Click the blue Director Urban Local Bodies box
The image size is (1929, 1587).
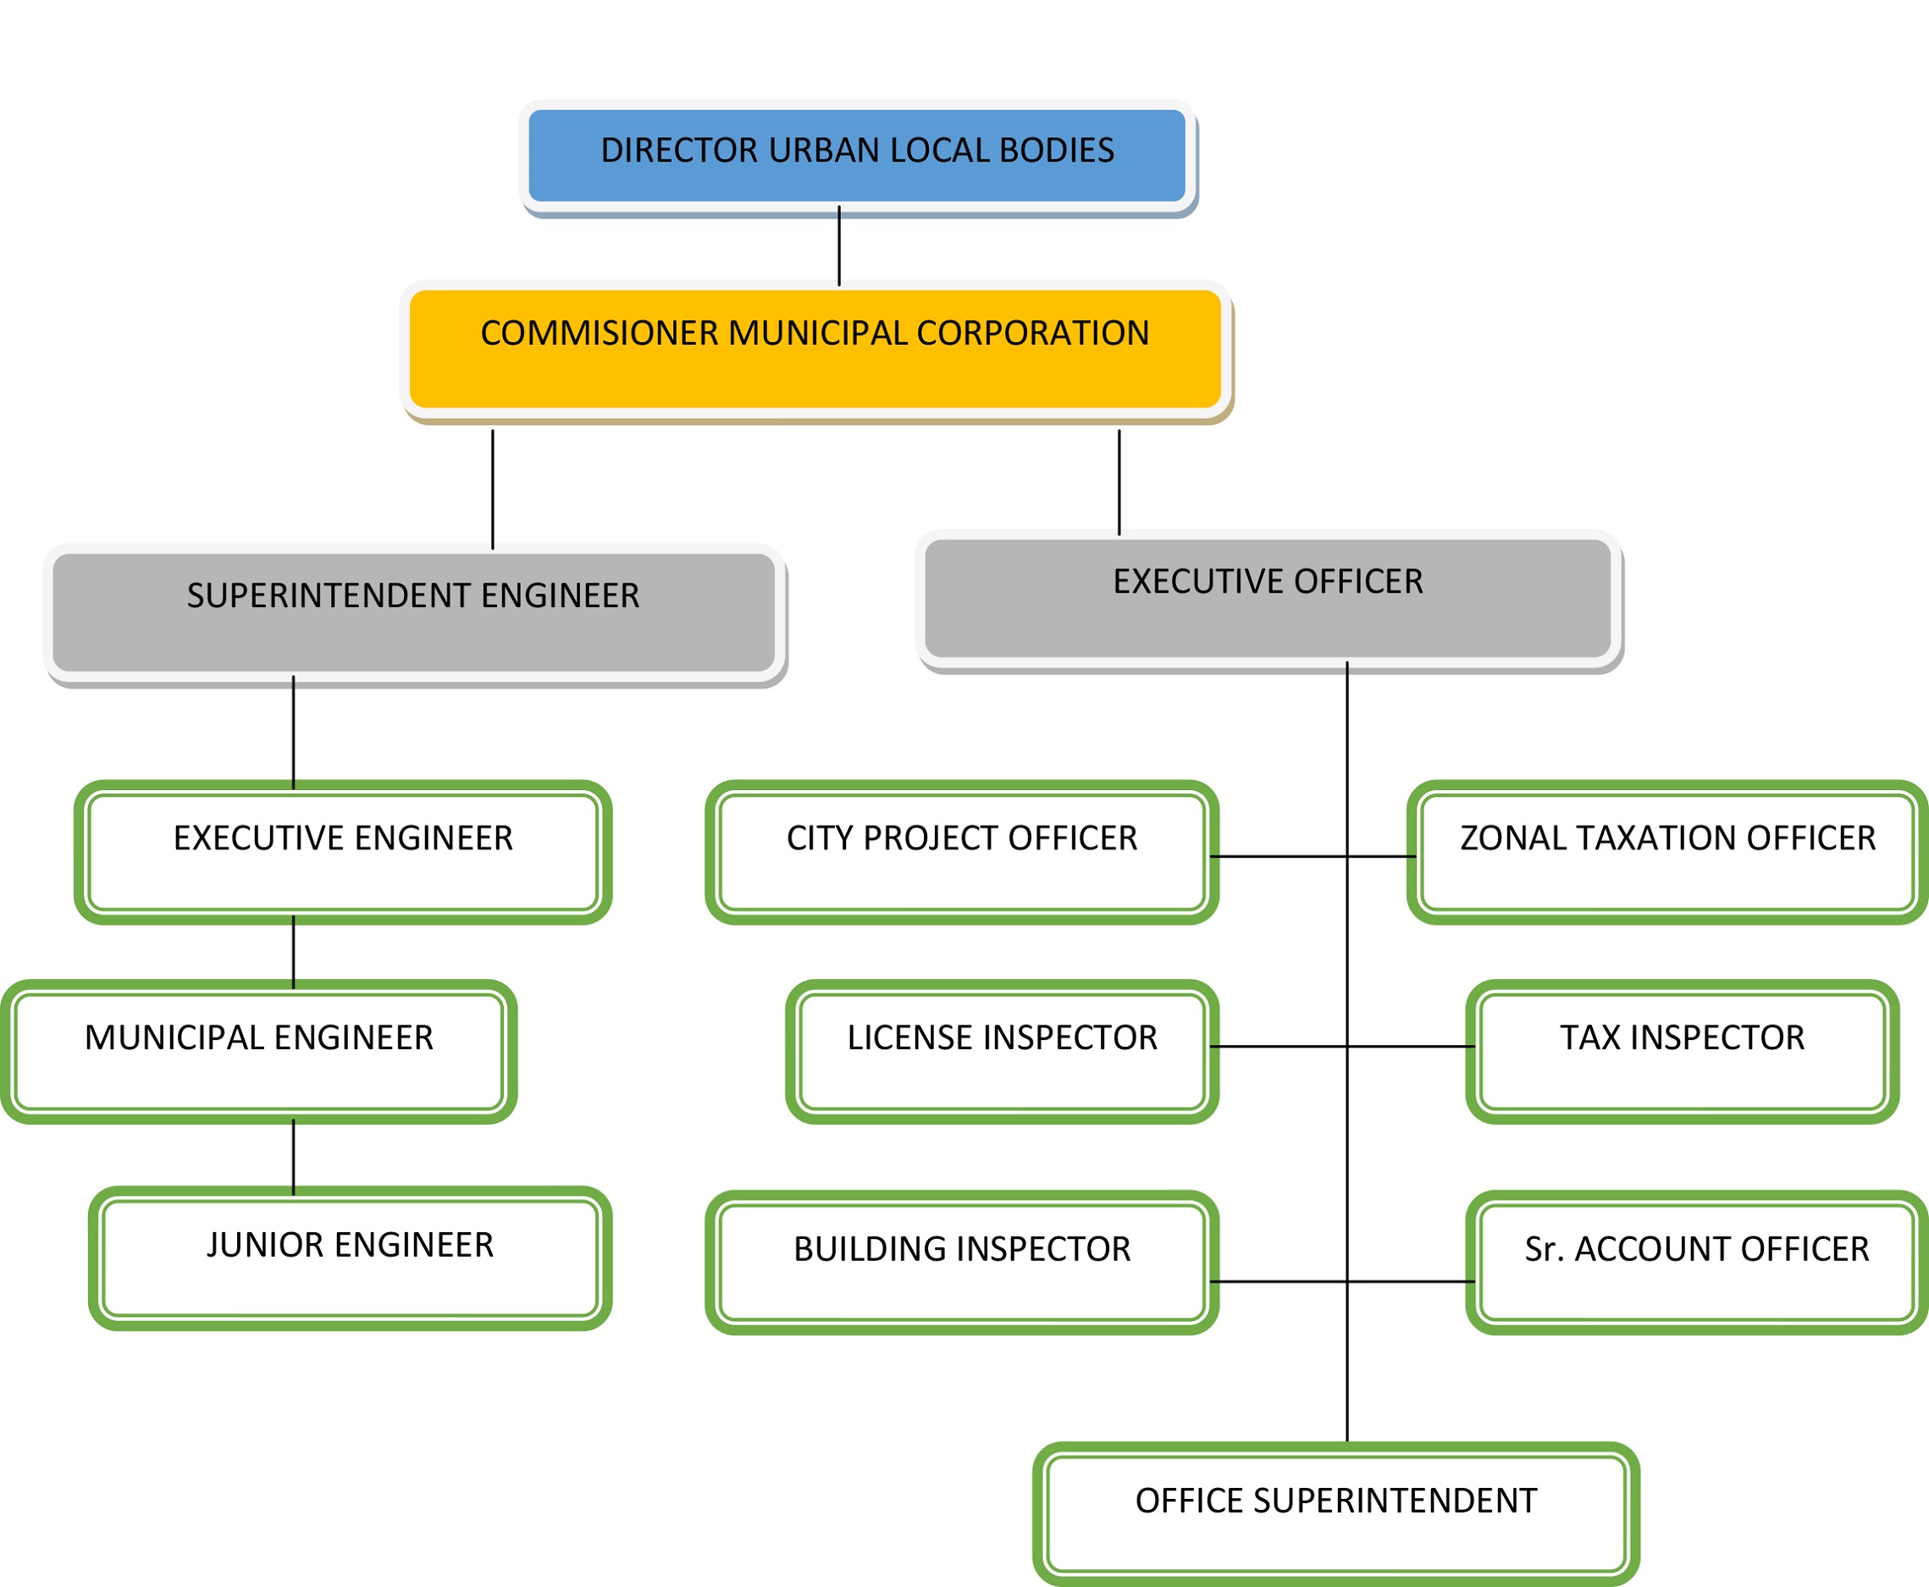(857, 156)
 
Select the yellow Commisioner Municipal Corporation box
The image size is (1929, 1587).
(815, 349)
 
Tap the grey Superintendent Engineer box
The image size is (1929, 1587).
(413, 612)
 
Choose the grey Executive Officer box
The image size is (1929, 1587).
(1267, 598)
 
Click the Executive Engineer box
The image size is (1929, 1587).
(343, 852)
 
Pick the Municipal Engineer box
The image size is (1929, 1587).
(259, 1051)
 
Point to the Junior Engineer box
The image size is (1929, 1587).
(349, 1258)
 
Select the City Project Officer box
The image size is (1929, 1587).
(962, 852)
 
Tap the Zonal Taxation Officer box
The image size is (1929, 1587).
(1667, 852)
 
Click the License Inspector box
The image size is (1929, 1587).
(1002, 1051)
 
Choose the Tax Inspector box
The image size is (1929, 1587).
(1683, 1051)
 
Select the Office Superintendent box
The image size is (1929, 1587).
(1335, 1514)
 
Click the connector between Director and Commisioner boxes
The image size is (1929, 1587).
(839, 245)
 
